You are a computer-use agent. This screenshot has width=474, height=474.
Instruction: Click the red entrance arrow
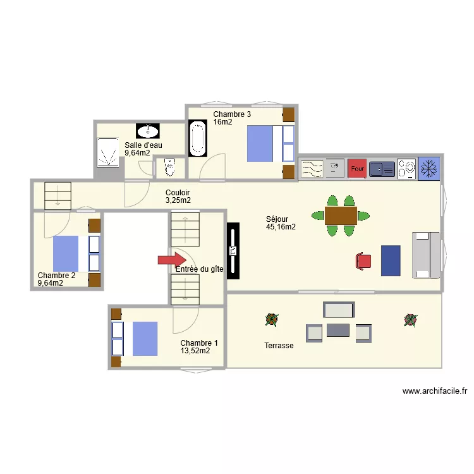pos(171,259)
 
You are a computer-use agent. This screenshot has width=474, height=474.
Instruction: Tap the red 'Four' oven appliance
pos(357,169)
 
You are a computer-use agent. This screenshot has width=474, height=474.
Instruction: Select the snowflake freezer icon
pos(429,169)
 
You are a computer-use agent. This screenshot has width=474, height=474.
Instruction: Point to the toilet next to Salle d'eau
pos(169,168)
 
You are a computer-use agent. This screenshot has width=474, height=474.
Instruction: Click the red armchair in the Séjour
pos(363,260)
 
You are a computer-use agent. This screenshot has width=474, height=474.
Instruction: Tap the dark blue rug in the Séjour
pos(391,260)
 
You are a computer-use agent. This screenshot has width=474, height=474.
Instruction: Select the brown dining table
pos(341,216)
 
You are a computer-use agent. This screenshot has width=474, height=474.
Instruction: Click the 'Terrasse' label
pos(279,346)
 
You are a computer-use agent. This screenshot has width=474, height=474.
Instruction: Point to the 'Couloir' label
pos(178,193)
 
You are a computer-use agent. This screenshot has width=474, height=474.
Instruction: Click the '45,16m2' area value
pos(281,227)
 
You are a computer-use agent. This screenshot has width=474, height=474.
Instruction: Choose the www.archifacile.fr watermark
pos(438,392)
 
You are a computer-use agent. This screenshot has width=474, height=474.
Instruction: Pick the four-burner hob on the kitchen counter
pos(406,169)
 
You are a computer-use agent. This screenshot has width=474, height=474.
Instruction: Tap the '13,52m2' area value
pos(195,351)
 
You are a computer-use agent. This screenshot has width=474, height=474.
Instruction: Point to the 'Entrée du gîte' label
pos(199,269)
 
